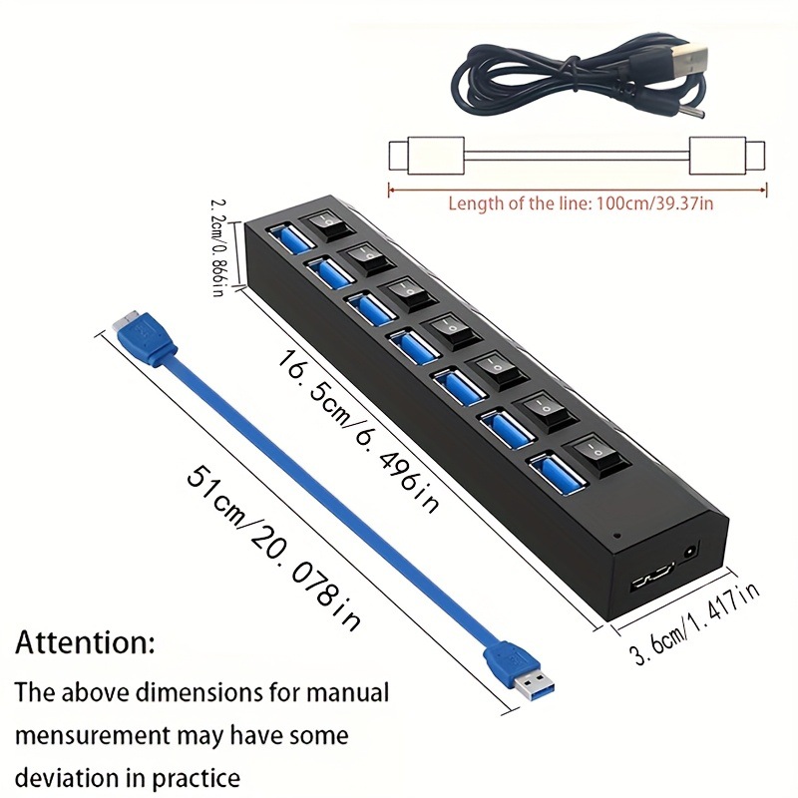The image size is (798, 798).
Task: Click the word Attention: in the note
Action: coord(85,641)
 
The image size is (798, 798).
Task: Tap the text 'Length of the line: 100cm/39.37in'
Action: coord(579,203)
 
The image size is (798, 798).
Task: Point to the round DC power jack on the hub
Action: coord(690,551)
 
